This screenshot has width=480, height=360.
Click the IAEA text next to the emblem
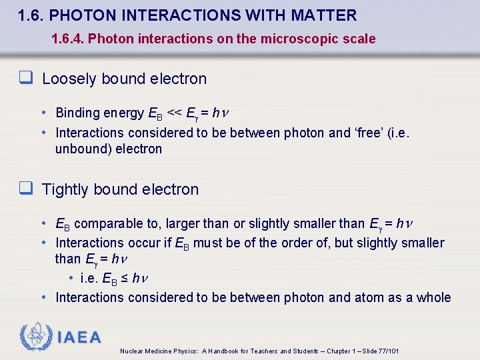[x=79, y=337]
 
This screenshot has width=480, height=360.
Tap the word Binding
[x=77, y=113]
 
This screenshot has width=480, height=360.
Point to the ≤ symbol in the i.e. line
[x=124, y=278]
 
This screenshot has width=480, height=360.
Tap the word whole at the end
[x=433, y=297]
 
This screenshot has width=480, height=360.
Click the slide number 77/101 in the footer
[x=387, y=351]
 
